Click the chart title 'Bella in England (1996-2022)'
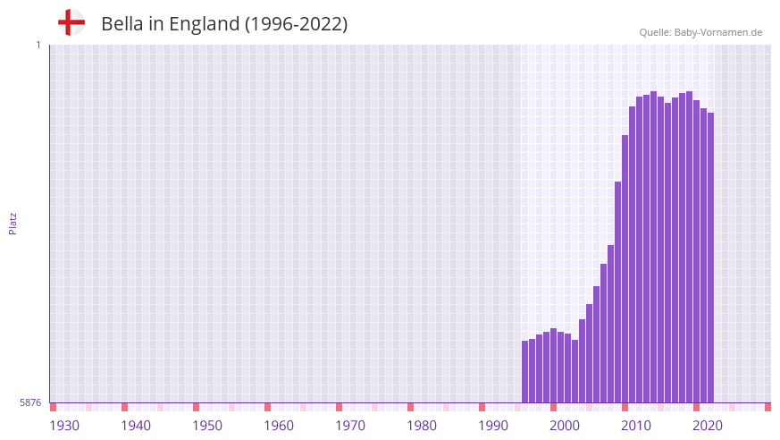coord(224,24)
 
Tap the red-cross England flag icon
coord(71,22)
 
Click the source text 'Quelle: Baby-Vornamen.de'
coord(700,32)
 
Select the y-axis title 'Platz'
coord(13,224)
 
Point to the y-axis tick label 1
coord(38,45)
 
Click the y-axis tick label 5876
coord(30,402)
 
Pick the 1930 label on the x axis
coord(64,426)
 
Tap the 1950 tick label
coord(207,426)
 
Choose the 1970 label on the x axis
coord(350,426)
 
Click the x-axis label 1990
coord(493,426)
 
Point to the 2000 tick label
coord(565,426)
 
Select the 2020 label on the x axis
coord(708,426)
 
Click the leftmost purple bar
coord(525,371)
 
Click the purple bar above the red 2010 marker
coord(625,268)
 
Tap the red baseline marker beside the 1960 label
coord(267,407)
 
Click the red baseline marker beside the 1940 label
coord(124,407)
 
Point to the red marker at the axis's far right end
coord(767,407)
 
